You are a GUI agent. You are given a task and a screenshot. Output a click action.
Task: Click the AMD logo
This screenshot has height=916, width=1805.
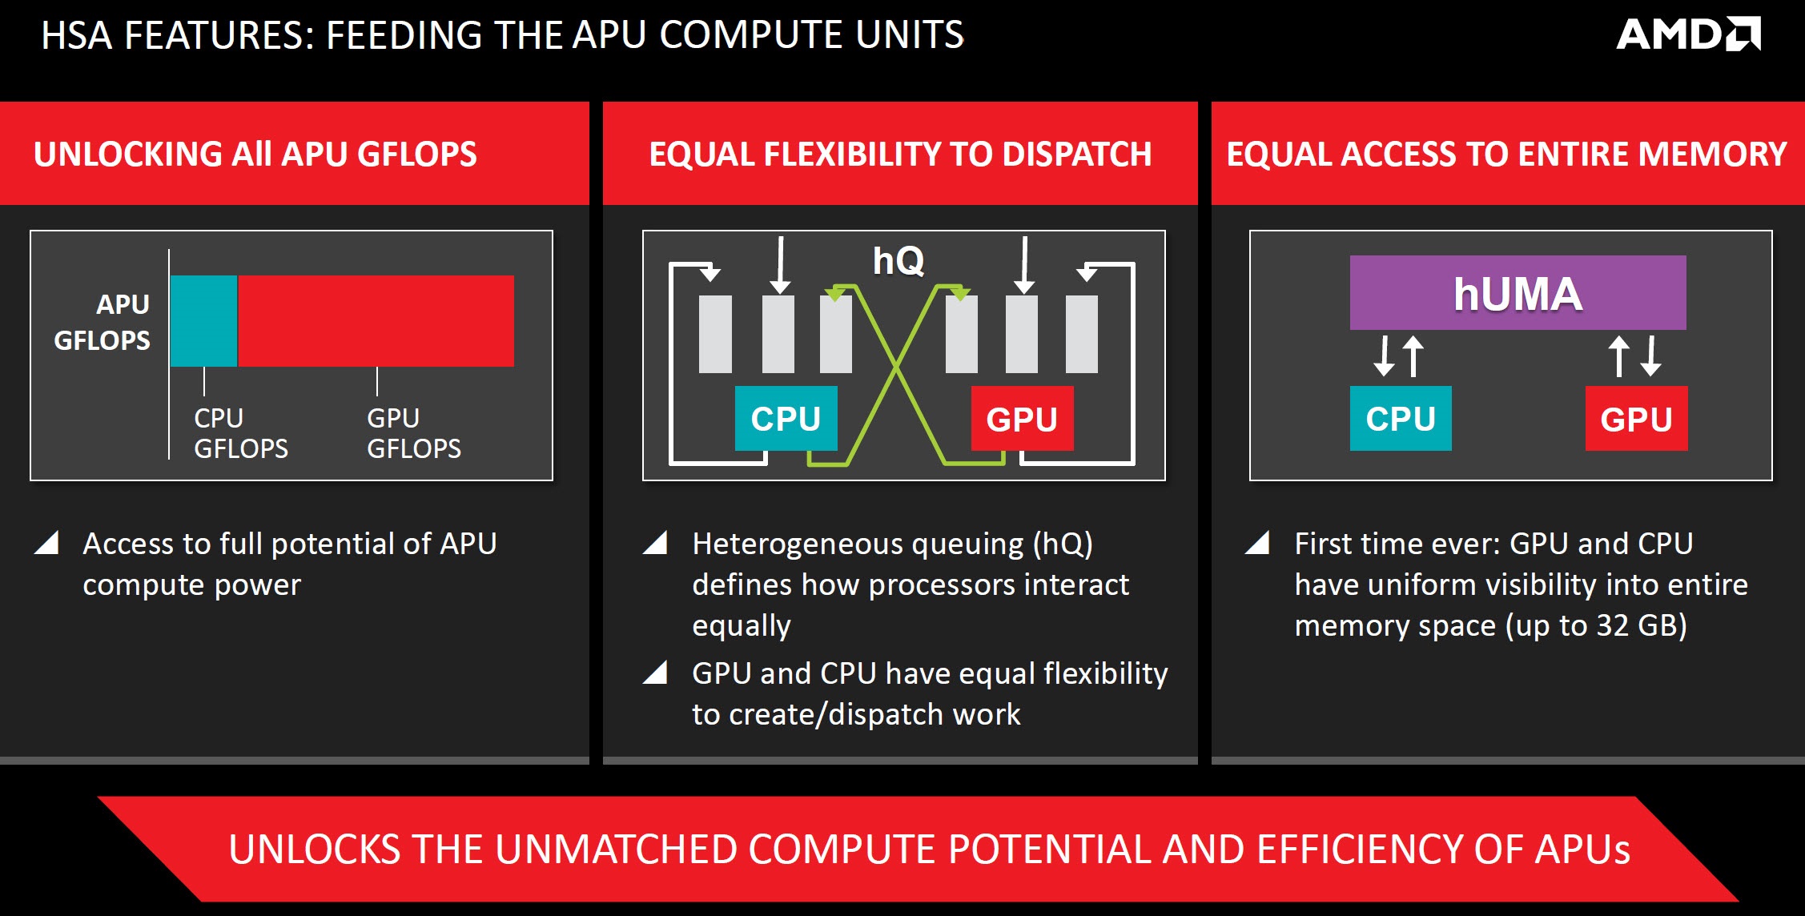(1688, 34)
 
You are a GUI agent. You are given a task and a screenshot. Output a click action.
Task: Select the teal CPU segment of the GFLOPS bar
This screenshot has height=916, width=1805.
(204, 321)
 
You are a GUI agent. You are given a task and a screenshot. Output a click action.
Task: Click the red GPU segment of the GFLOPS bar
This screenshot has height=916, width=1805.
(376, 321)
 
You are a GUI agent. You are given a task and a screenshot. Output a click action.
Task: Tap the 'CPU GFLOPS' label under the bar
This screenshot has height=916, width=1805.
(241, 433)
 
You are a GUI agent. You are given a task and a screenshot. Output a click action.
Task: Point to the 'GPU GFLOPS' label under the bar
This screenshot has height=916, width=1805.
(414, 433)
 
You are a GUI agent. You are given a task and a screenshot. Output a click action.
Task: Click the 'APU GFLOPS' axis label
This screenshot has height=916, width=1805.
(102, 322)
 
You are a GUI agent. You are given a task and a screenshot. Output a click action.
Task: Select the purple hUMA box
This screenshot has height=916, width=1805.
(1518, 293)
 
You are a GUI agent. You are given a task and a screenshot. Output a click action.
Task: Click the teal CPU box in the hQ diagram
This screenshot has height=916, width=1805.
(786, 419)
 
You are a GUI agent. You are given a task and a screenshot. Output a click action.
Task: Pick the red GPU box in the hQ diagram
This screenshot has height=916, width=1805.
(1022, 419)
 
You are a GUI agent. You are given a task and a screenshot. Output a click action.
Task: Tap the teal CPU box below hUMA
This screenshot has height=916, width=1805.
(1401, 419)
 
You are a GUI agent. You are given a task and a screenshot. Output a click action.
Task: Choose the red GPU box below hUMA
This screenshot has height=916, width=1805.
(1636, 419)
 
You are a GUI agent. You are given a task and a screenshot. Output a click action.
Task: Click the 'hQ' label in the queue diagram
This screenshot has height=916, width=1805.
(898, 261)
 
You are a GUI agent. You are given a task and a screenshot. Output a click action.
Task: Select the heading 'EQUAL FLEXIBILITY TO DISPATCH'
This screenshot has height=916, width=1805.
(900, 154)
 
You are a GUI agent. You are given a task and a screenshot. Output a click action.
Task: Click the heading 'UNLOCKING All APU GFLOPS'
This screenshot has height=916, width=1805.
(255, 154)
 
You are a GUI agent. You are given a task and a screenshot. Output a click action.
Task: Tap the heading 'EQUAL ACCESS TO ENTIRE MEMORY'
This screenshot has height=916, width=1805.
(1506, 154)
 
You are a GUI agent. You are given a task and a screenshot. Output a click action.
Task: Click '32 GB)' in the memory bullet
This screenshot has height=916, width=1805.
(1642, 625)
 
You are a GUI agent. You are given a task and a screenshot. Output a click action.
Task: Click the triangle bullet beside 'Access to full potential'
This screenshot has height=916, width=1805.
(47, 543)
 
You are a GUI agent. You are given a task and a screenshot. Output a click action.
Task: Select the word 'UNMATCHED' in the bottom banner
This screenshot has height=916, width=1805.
(617, 850)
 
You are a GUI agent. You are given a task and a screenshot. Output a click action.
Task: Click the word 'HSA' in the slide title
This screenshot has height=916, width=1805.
(77, 35)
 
